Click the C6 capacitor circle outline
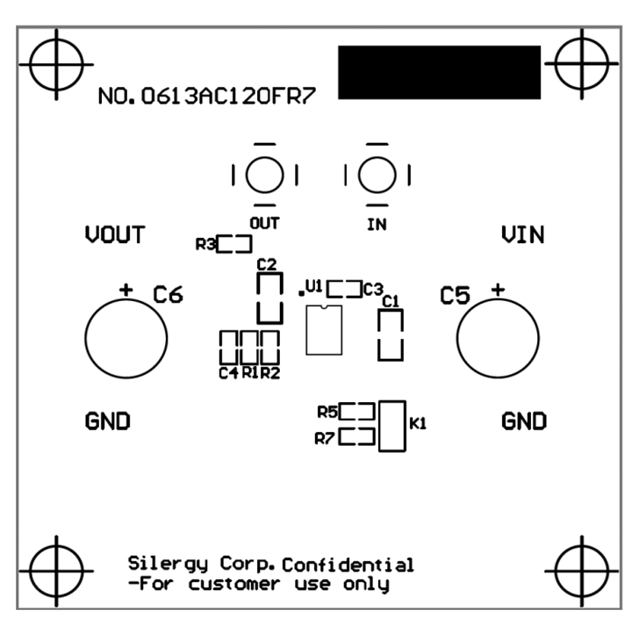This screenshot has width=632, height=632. point(86,339)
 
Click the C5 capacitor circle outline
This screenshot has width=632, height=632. point(457,339)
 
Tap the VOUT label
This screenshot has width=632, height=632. point(115,234)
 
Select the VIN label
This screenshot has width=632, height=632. point(523,234)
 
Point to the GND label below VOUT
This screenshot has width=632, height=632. point(108,421)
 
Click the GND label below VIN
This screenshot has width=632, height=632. point(524,421)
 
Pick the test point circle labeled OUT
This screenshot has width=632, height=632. point(247,176)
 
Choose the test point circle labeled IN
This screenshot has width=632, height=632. point(359,176)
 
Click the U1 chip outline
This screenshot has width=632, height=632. point(306,330)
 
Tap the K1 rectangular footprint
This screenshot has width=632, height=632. point(380,426)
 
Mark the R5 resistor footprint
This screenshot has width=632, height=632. point(357,404)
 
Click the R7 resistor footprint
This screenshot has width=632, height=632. point(357,429)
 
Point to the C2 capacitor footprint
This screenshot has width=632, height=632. point(258,298)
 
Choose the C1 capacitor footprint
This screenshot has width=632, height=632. point(379,334)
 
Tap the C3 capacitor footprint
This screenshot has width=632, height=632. point(344,281)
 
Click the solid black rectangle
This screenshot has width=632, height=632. point(440,72)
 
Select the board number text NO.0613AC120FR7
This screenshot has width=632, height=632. point(207,97)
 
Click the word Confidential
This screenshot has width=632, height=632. point(348,564)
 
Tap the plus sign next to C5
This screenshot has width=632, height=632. point(499,290)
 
